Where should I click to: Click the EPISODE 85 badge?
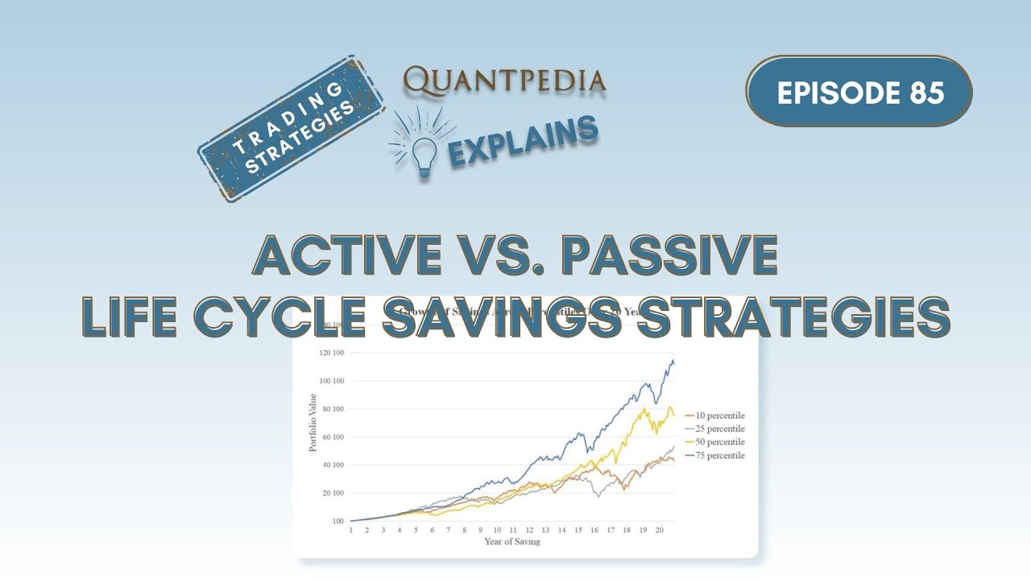click(859, 92)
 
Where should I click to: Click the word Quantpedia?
click(504, 80)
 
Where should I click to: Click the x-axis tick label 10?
click(497, 530)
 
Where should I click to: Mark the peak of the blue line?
click(672, 360)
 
